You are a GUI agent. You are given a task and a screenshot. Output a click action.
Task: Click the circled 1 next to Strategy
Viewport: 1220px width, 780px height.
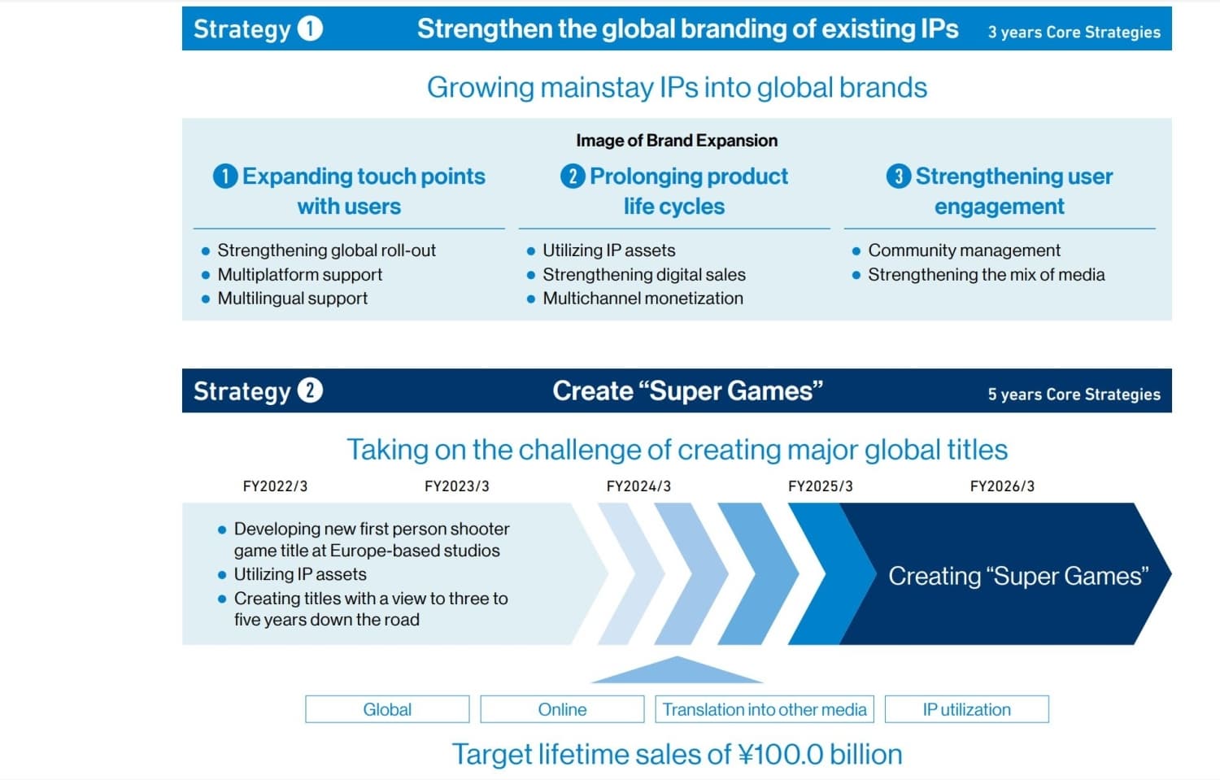[310, 28]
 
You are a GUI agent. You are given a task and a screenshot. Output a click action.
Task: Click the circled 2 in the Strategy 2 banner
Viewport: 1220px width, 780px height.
[310, 390]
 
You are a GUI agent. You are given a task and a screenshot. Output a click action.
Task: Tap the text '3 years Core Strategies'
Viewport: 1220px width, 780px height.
[1074, 33]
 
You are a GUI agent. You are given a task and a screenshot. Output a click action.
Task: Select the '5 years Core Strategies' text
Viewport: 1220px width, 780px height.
[1074, 394]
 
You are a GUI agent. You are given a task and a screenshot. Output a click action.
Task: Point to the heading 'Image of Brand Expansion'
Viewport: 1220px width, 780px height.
[677, 141]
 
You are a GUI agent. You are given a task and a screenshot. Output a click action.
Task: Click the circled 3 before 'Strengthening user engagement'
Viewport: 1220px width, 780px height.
[899, 176]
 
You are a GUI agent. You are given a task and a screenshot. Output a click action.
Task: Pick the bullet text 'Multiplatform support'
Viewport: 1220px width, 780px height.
[299, 275]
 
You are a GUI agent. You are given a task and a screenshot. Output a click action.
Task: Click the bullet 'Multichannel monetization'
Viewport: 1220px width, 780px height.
[643, 298]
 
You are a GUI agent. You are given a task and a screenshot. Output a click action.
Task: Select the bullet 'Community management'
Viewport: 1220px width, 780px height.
[964, 251]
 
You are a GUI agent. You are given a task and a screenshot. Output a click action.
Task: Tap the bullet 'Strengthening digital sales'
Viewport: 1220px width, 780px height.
[644, 275]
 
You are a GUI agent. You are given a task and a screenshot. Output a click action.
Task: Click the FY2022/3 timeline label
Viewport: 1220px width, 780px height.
[275, 486]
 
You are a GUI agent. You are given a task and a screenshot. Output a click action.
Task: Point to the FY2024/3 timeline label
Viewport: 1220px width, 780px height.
[638, 486]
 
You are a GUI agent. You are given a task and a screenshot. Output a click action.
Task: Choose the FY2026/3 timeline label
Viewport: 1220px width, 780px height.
[1002, 486]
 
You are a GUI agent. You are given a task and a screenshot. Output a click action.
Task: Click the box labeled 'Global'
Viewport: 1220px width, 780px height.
[387, 709]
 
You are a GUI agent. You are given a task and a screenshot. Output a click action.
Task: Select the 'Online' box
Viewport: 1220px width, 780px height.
[562, 709]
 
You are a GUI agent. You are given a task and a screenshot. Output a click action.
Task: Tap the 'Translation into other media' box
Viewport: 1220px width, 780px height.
[765, 709]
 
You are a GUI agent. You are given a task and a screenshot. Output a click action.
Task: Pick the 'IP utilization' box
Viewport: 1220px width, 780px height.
[967, 709]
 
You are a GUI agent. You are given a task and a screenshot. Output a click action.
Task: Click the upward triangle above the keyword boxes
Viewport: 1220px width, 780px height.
[677, 672]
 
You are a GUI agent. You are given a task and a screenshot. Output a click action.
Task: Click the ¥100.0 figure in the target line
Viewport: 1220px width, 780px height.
[781, 755]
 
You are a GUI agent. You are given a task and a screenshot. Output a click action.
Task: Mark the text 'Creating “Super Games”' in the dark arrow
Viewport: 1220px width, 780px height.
[1018, 576]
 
